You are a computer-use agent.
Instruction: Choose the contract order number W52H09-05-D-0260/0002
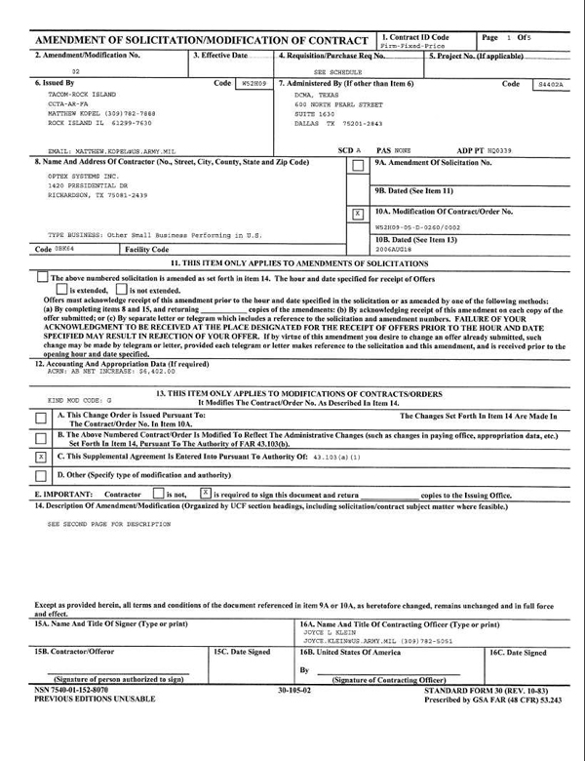(x=417, y=226)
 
